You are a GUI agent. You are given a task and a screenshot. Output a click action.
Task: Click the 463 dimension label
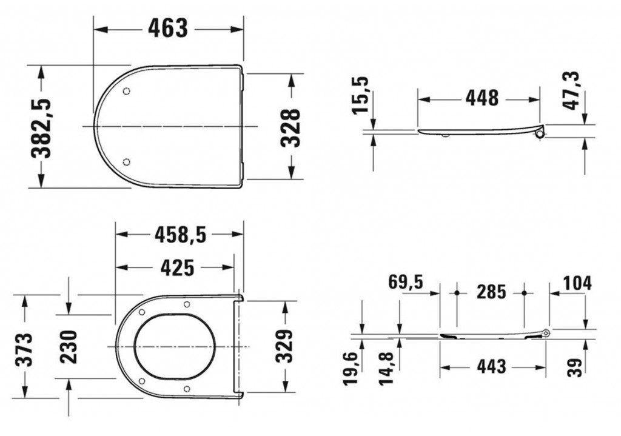pyautogui.click(x=167, y=29)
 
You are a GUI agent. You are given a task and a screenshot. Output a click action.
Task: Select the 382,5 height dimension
pyautogui.click(x=42, y=129)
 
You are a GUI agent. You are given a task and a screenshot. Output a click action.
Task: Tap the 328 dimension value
pyautogui.click(x=291, y=127)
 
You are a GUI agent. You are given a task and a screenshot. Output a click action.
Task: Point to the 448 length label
pyautogui.click(x=482, y=98)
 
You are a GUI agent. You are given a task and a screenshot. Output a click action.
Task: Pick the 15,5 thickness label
pyautogui.click(x=360, y=95)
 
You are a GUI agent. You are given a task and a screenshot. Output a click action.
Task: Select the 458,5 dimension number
pyautogui.click(x=181, y=235)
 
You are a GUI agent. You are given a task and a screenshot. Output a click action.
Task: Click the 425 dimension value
pyautogui.click(x=178, y=267)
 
